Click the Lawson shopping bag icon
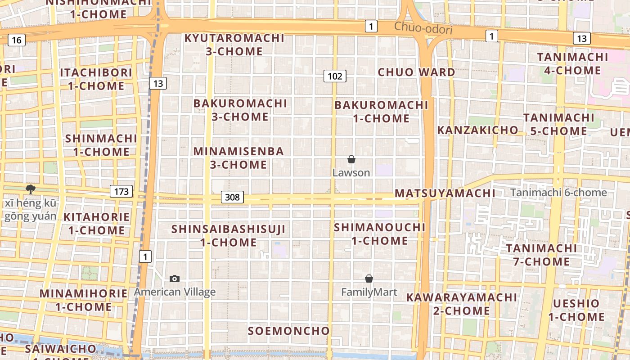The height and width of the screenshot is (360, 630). pos(351,160)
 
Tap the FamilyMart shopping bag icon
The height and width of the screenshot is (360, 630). pos(369,279)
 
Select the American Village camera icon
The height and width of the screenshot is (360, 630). pos(175,279)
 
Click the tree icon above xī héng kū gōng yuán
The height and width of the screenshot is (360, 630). pos(31,189)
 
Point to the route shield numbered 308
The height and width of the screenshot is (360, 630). pos(232,197)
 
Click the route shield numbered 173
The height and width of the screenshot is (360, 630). pos(121,192)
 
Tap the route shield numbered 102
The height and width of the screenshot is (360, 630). pos(335,76)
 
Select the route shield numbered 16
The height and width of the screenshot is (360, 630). pos(16,40)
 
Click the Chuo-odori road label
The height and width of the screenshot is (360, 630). pos(423,28)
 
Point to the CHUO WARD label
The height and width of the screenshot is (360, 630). pos(416,72)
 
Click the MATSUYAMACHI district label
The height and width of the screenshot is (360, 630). pos(445,193)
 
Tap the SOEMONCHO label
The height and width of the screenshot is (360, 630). pos(289,331)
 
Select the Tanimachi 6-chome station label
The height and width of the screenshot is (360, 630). pos(558,193)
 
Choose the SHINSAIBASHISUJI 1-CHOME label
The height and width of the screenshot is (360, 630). pos(229,236)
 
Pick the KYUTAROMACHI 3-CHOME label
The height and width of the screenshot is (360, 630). pos(234,45)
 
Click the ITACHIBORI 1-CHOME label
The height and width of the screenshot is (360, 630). pos(96,79)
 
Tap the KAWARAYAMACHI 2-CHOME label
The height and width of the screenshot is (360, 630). pos(462,304)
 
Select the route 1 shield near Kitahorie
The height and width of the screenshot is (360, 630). pos(145,257)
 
